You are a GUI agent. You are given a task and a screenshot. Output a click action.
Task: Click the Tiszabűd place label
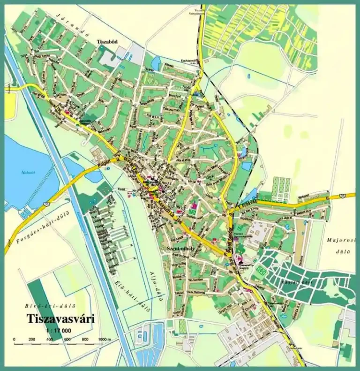[x=107, y=41]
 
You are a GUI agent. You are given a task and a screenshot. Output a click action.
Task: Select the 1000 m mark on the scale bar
[x=103, y=339]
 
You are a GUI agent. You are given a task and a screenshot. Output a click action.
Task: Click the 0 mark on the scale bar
[x=15, y=339]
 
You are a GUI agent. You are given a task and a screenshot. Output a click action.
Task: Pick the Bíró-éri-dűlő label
[x=45, y=306]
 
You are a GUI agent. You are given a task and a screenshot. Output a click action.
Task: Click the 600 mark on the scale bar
[x=67, y=339]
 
